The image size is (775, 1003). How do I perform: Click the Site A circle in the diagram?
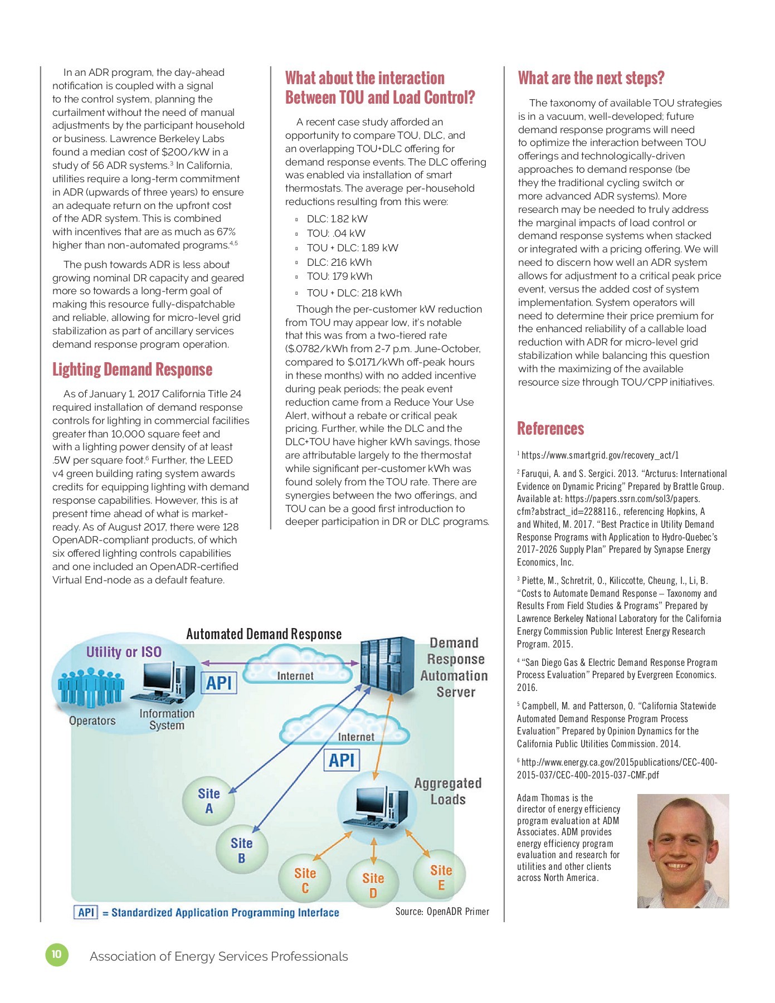click(209, 801)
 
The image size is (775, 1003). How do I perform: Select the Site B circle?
click(242, 850)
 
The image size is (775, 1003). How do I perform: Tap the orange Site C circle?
click(305, 880)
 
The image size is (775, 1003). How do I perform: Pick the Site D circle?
click(373, 885)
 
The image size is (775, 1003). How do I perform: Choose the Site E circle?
click(441, 877)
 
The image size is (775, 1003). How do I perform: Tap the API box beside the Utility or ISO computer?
click(219, 683)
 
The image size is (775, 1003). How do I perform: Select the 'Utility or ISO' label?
click(124, 652)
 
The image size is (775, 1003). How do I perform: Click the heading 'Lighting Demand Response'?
click(132, 369)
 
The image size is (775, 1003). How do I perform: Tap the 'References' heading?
click(550, 429)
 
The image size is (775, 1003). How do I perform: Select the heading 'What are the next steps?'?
click(591, 78)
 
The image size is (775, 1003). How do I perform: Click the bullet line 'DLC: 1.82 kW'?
click(337, 219)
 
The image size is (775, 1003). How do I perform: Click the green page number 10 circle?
click(56, 955)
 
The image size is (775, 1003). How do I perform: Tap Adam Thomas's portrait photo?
click(683, 851)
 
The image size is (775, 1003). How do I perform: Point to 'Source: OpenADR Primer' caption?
click(442, 912)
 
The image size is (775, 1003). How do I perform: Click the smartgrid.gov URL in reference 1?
click(600, 455)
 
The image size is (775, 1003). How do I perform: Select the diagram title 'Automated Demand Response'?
click(264, 634)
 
